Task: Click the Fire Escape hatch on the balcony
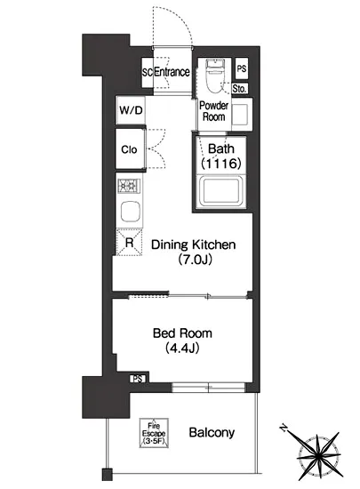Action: point(154,433)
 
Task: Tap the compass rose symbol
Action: point(318,456)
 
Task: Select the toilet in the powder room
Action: point(214,76)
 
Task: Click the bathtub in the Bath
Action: point(221,191)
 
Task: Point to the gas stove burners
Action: point(129,186)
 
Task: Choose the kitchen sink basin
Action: point(131,212)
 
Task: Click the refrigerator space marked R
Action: point(129,243)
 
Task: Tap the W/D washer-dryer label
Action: point(131,110)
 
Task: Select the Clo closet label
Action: point(129,149)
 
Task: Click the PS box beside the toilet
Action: point(242,68)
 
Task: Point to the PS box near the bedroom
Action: point(138,379)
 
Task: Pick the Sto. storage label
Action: point(239,89)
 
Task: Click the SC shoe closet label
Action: point(148,72)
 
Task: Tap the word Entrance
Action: point(172,72)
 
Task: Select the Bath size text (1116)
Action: point(221,163)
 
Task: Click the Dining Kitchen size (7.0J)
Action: point(196,260)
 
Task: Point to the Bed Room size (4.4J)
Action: point(182,348)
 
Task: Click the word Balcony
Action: point(212,433)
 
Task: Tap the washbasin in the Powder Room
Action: point(241,115)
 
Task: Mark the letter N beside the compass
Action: point(284,428)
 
